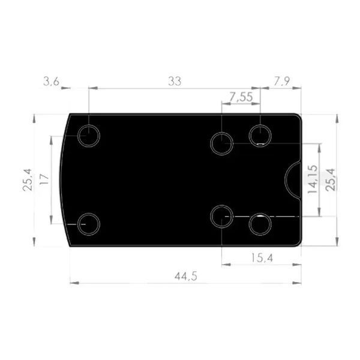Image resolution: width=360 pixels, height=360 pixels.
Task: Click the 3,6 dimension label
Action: pyautogui.click(x=51, y=82)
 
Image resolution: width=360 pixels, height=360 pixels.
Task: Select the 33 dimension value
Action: pyautogui.click(x=175, y=81)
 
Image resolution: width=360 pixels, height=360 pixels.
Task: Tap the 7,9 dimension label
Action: pyautogui.click(x=282, y=81)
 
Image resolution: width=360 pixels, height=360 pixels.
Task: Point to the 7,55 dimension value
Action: pyautogui.click(x=241, y=97)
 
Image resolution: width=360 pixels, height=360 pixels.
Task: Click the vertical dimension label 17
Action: pyautogui.click(x=44, y=179)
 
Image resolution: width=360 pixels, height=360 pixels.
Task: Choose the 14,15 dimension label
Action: pyautogui.click(x=313, y=179)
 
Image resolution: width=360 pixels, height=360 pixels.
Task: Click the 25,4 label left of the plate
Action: pyautogui.click(x=28, y=180)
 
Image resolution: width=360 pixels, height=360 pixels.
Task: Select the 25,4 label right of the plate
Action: pyautogui.click(x=331, y=180)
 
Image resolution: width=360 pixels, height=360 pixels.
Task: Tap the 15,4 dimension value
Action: pyautogui.click(x=262, y=258)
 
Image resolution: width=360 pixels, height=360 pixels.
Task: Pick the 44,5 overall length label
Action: pyautogui.click(x=186, y=276)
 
